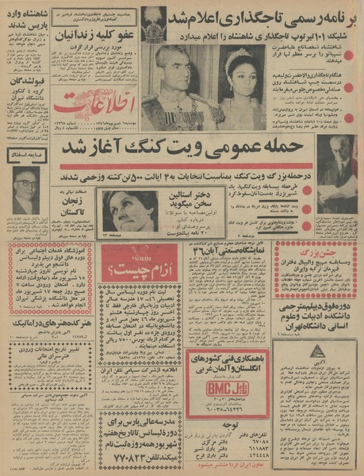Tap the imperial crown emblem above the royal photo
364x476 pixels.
(x=154, y=24)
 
